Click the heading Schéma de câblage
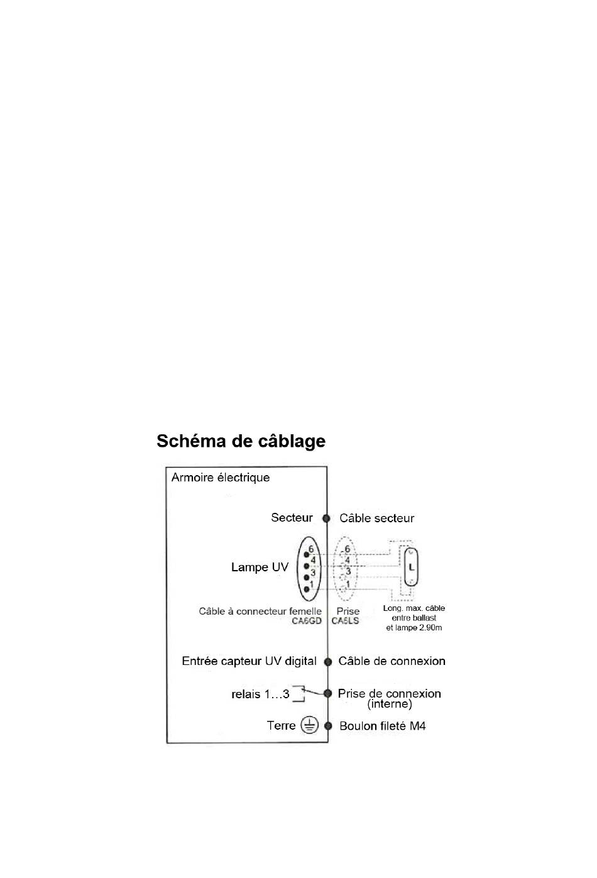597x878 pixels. pyautogui.click(x=241, y=441)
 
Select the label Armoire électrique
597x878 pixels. pyautogui.click(x=221, y=478)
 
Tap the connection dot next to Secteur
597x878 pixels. pyautogui.click(x=326, y=519)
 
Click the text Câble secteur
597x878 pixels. pyautogui.click(x=376, y=519)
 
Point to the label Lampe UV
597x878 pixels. pyautogui.click(x=260, y=568)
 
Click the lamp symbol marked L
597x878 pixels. pyautogui.click(x=412, y=567)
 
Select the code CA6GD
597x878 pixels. pyautogui.click(x=307, y=621)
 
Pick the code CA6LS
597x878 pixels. pyautogui.click(x=345, y=621)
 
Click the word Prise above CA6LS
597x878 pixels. pyautogui.click(x=348, y=611)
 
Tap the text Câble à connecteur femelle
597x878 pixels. pyautogui.click(x=260, y=612)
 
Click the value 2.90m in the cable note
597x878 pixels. pyautogui.click(x=430, y=628)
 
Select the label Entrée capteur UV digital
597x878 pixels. pyautogui.click(x=249, y=661)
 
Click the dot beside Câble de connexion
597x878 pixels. pyautogui.click(x=327, y=662)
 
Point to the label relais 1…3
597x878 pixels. pyautogui.click(x=260, y=694)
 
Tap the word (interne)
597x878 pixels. pyautogui.click(x=390, y=705)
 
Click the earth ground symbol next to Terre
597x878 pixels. pyautogui.click(x=309, y=726)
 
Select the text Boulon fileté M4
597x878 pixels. pyautogui.click(x=382, y=727)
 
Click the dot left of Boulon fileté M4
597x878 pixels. pyautogui.click(x=327, y=726)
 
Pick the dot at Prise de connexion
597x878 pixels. pyautogui.click(x=327, y=693)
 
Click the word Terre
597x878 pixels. pyautogui.click(x=281, y=726)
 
